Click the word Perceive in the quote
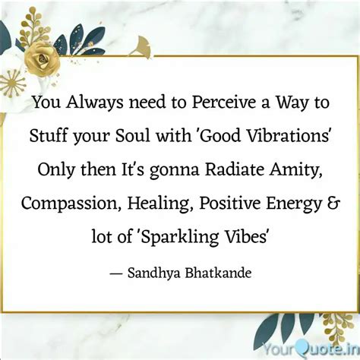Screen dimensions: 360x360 point(224,103)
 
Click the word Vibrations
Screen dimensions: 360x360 point(288,136)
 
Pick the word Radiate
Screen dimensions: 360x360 point(235,169)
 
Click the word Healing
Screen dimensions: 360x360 point(160,204)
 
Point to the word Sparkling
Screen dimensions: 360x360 point(179,238)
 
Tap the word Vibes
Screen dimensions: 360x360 point(245,236)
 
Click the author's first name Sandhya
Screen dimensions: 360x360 point(154,273)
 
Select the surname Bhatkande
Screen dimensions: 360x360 point(218,273)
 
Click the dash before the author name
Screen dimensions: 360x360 point(116,274)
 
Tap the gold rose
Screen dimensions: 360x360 point(43,59)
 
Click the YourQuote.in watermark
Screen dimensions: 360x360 point(311,350)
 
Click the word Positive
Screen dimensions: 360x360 point(230,204)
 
